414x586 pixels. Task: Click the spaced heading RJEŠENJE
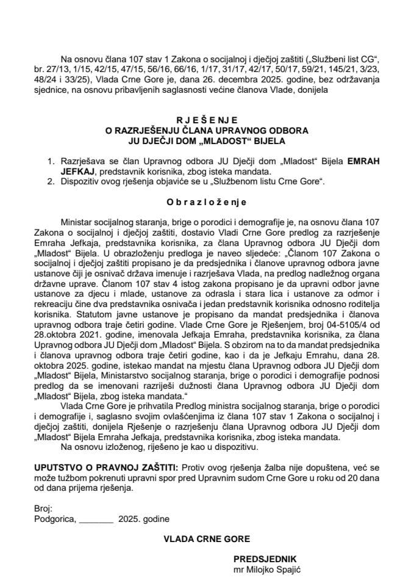click(x=207, y=121)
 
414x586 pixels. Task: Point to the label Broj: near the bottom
click(x=44, y=509)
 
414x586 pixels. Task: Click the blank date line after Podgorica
click(x=96, y=519)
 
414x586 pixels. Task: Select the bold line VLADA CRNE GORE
click(x=207, y=539)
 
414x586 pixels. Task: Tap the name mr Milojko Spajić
click(x=268, y=568)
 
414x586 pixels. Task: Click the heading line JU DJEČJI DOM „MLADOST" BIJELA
click(x=207, y=139)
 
